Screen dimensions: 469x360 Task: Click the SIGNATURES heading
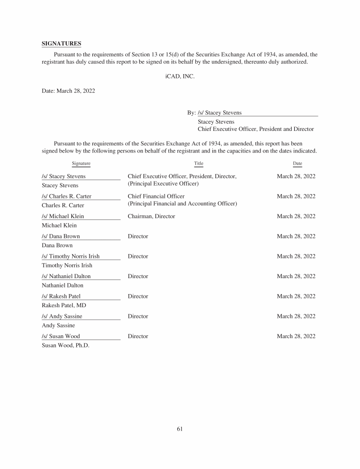pos(61,44)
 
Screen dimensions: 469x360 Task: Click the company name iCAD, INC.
pos(180,76)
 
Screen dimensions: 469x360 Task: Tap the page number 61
pos(180,429)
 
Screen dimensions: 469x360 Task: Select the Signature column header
pos(81,163)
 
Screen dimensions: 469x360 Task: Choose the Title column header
pos(199,163)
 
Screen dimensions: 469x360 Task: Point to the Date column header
pos(297,163)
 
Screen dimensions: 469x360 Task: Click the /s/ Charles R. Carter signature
pos(67,197)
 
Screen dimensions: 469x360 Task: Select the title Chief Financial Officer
pos(156,197)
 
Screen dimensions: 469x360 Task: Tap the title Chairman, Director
pos(151,216)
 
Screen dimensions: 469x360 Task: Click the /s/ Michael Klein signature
pos(63,216)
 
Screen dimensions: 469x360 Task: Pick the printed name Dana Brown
pos(57,245)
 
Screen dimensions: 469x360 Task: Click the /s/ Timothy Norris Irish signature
pos(71,257)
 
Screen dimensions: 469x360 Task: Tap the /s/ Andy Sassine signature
pos(62,317)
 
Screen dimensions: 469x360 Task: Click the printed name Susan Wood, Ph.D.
pos(65,345)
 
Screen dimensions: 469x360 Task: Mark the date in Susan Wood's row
pos(296,336)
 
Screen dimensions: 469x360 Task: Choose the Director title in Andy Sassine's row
pos(138,317)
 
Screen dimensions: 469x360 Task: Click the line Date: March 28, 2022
pos(68,91)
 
